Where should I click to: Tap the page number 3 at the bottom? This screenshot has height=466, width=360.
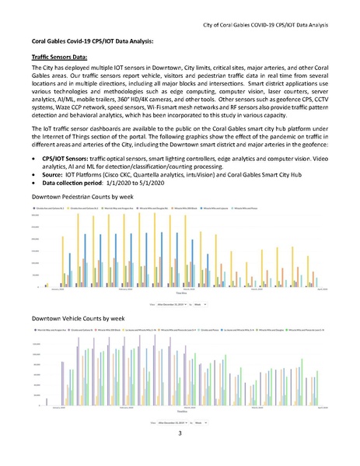pyautogui.click(x=179, y=443)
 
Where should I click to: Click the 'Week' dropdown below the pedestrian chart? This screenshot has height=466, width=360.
pyautogui.click(x=201, y=305)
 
